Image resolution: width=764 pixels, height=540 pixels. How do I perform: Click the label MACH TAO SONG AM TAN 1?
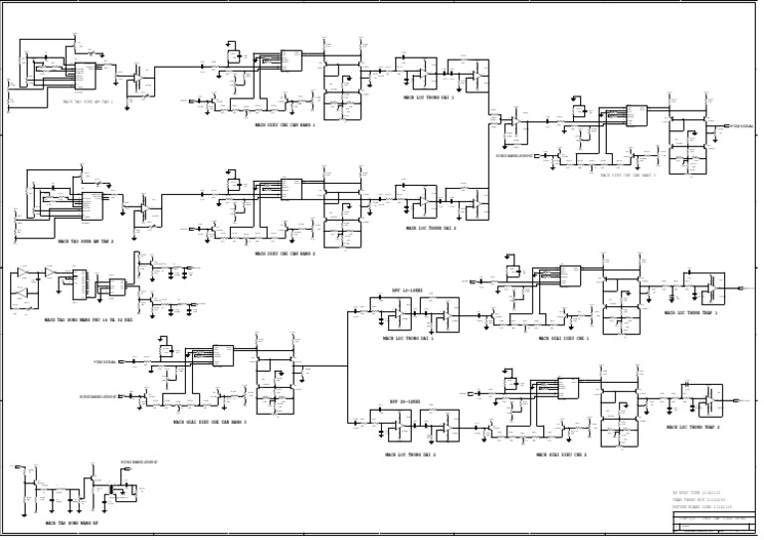pyautogui.click(x=89, y=101)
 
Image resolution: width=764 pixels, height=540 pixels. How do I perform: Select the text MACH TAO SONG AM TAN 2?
pyautogui.click(x=86, y=241)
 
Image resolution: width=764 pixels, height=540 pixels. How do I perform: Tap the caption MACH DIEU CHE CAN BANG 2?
pyautogui.click(x=285, y=254)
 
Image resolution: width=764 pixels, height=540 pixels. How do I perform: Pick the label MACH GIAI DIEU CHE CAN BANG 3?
pyautogui.click(x=210, y=422)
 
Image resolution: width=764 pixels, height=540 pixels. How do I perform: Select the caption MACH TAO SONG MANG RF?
pyautogui.click(x=72, y=522)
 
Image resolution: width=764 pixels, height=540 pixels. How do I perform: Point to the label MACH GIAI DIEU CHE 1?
pyautogui.click(x=564, y=338)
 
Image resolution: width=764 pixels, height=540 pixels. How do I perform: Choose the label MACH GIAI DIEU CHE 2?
pyautogui.click(x=561, y=454)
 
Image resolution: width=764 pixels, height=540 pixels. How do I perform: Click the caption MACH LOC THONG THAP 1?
pyautogui.click(x=691, y=313)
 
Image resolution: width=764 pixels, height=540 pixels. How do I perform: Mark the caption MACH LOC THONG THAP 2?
pyautogui.click(x=691, y=427)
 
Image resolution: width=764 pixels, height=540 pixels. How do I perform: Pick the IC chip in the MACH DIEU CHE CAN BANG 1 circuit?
pyautogui.click(x=291, y=60)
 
